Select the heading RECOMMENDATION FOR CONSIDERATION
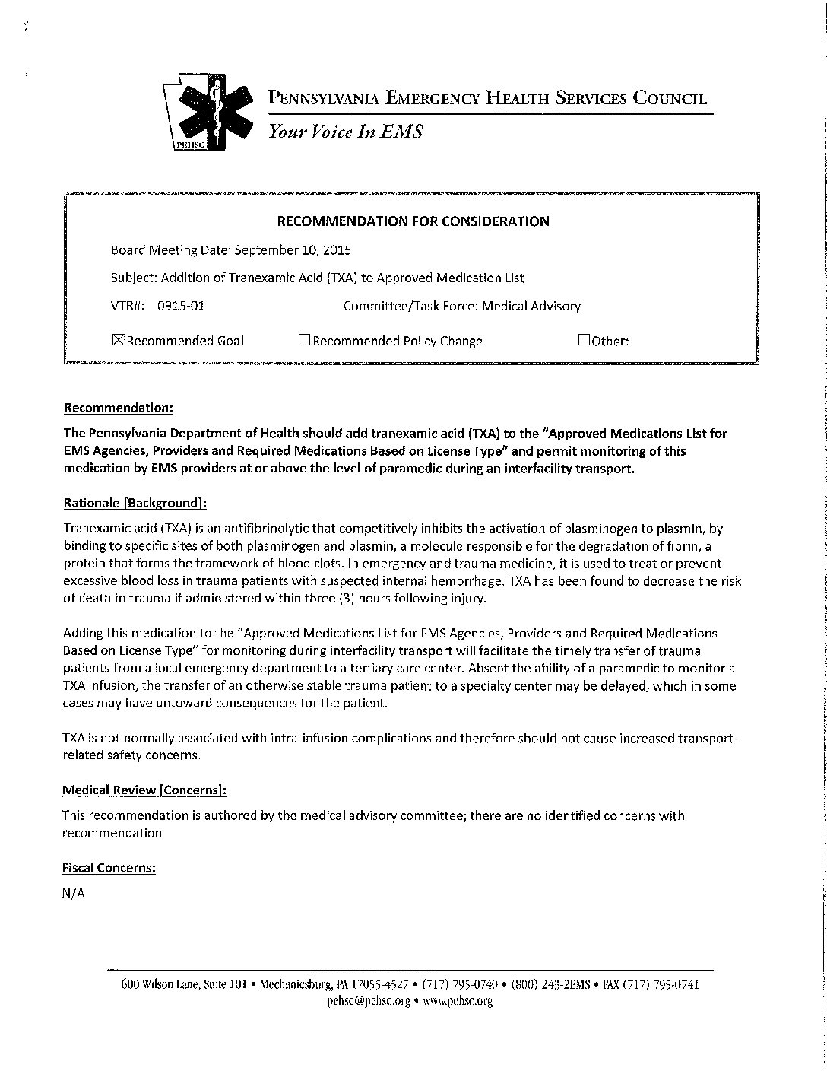(x=413, y=221)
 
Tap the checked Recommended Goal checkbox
(x=118, y=340)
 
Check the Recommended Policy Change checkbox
(x=304, y=341)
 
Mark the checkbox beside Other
(x=583, y=340)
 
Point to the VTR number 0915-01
(x=181, y=307)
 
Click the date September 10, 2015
(x=293, y=249)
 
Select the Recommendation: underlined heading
(x=119, y=408)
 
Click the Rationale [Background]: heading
(x=135, y=503)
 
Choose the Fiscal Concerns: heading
(x=109, y=868)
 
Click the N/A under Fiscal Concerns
(x=74, y=894)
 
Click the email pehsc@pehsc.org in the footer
(x=369, y=1001)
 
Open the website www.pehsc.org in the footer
(x=458, y=1001)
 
